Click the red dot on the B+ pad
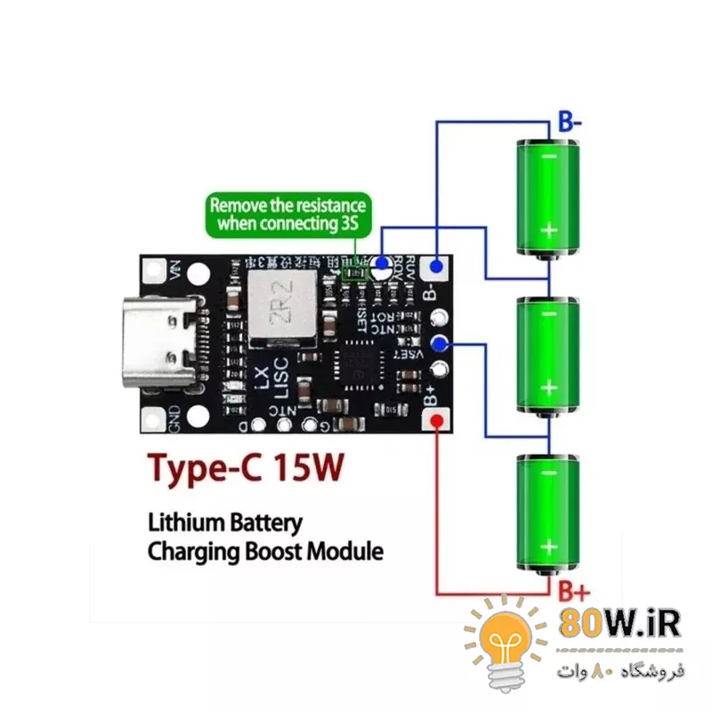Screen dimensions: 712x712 (436, 421)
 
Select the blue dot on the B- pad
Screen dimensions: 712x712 (437, 266)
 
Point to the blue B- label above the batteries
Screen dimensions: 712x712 (570, 121)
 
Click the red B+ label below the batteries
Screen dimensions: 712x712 (573, 590)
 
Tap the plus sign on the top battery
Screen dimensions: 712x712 (549, 230)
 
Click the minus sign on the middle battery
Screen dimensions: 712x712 (549, 314)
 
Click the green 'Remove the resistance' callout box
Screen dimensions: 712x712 (287, 214)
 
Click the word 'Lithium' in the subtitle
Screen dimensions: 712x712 (185, 522)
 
